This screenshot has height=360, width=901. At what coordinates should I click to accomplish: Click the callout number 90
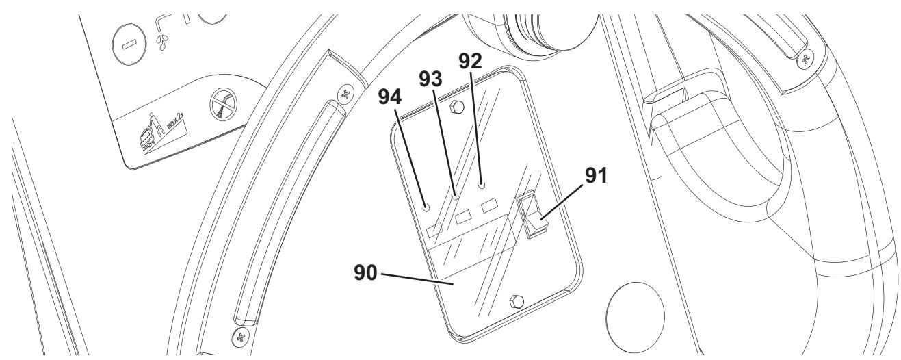click(x=365, y=272)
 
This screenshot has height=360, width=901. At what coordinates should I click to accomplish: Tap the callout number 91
click(x=596, y=175)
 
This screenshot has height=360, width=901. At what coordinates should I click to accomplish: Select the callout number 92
click(x=470, y=62)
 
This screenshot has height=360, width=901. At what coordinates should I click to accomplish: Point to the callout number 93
click(x=430, y=79)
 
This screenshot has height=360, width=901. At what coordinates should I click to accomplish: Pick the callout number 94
click(x=389, y=97)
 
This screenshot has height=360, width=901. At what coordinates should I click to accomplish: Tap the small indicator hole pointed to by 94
click(x=426, y=207)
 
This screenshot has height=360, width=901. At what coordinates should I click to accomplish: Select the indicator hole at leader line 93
click(x=456, y=197)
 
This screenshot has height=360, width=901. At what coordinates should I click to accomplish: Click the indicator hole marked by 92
click(x=482, y=185)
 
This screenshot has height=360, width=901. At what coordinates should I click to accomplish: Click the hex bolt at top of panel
click(x=456, y=107)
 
